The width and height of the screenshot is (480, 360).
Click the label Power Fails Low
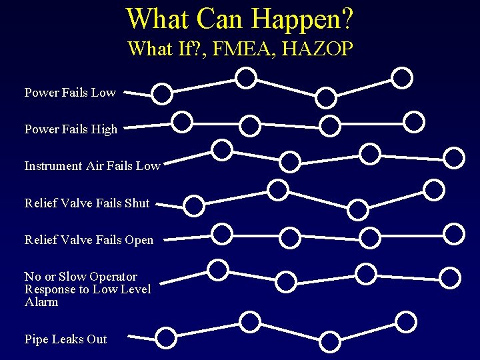pos(70,93)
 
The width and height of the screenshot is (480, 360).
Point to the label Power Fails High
pos(71,129)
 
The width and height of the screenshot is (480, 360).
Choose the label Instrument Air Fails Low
pos(92,166)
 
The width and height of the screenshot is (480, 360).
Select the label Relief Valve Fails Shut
pos(87,203)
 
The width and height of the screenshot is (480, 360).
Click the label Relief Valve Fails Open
pos(89,239)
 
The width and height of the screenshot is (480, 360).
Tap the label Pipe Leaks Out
pos(65,339)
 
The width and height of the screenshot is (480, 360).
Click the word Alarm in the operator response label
pos(41,302)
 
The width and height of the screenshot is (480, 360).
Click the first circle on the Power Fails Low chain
pos(162,94)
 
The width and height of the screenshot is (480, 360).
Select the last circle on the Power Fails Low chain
pos(402,78)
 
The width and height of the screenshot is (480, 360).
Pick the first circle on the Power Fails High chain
pos(181,122)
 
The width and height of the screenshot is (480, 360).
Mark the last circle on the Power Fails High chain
pos(414,121)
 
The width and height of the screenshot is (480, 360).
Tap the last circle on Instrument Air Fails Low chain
pos(454,158)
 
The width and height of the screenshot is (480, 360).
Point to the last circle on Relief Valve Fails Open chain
pos(454,233)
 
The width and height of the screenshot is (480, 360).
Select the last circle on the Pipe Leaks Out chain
pos(405,323)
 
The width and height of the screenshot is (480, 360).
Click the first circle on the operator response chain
pos(217,270)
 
